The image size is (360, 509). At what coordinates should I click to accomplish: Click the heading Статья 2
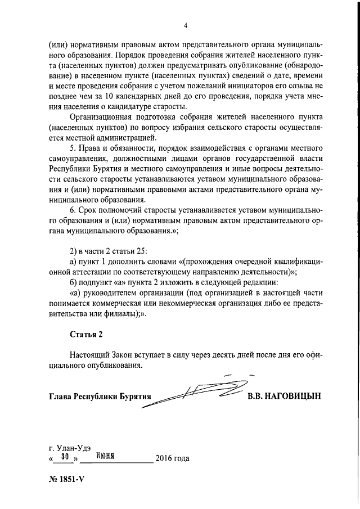(87, 335)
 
